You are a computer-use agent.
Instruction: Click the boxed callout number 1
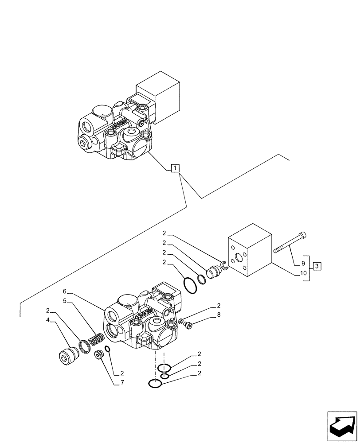coord(176,168)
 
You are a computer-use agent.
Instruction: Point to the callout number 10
coord(304,273)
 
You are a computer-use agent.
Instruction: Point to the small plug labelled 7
coord(99,355)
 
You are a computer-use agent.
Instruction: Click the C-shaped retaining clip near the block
coord(223,265)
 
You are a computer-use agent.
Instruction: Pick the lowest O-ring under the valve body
coord(155,384)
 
